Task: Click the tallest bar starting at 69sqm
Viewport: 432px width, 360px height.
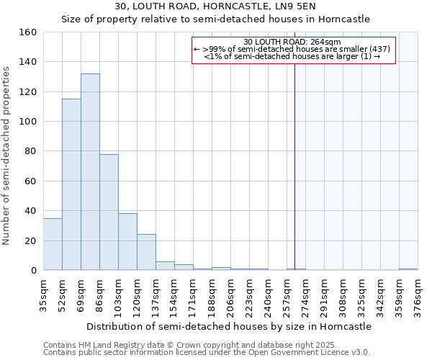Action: point(90,172)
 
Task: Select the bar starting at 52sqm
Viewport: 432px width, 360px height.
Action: point(71,184)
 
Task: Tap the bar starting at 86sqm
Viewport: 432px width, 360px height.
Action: point(109,212)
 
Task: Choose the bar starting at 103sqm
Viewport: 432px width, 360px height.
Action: point(127,242)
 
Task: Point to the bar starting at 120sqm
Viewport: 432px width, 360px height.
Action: point(146,252)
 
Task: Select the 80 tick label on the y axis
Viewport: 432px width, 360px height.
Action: point(30,152)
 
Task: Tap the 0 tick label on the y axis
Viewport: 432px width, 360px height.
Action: point(33,271)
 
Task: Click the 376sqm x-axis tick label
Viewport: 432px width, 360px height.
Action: point(418,297)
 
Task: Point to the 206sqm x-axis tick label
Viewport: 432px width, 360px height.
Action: point(231,297)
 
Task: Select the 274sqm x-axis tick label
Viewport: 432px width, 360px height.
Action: point(306,297)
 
